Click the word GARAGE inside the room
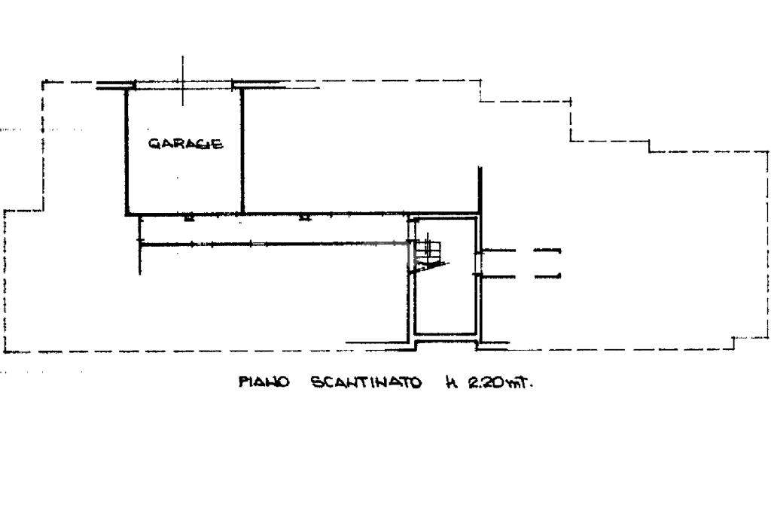[x=185, y=144]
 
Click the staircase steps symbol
[x=430, y=252]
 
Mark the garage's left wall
[x=126, y=151]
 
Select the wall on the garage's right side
[x=242, y=151]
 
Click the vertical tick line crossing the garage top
[x=183, y=81]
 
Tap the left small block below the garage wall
[x=188, y=217]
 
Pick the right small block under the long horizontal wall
[x=304, y=217]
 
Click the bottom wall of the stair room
[x=446, y=334]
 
